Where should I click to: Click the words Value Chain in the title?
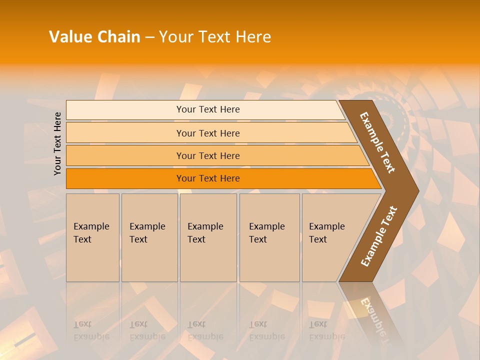click(x=94, y=37)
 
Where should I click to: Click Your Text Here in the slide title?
click(x=215, y=37)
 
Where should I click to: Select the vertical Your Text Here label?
click(x=58, y=143)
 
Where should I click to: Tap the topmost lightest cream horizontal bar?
click(x=207, y=109)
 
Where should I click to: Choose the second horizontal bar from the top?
click(x=207, y=133)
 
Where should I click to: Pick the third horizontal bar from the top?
click(x=207, y=155)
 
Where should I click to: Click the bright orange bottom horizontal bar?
click(x=207, y=178)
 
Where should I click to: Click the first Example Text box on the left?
click(x=92, y=237)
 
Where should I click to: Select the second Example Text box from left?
click(x=149, y=237)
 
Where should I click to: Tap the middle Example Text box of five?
click(x=208, y=237)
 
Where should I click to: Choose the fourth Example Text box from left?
click(x=269, y=237)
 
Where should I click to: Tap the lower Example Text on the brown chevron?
click(x=379, y=236)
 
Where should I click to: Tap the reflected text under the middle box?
click(x=205, y=330)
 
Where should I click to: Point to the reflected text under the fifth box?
click(x=326, y=330)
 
